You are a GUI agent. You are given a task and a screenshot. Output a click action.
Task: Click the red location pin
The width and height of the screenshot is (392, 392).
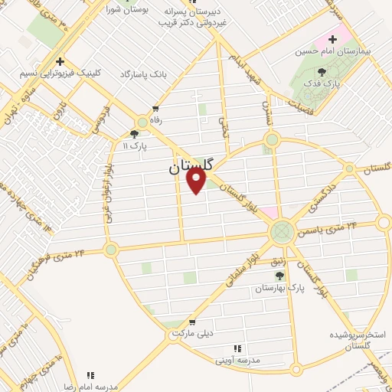(197, 180)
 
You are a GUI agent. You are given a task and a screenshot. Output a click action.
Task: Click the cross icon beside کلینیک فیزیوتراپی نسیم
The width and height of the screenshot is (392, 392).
(60, 62)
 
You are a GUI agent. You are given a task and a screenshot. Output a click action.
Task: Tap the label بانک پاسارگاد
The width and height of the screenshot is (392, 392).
(142, 74)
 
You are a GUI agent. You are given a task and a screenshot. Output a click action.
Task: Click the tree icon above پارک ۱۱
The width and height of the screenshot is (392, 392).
(135, 133)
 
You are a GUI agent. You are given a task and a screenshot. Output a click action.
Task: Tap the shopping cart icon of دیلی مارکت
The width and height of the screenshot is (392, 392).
(191, 322)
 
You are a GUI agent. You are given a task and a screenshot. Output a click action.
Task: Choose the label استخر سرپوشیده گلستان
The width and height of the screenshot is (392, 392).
(358, 341)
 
